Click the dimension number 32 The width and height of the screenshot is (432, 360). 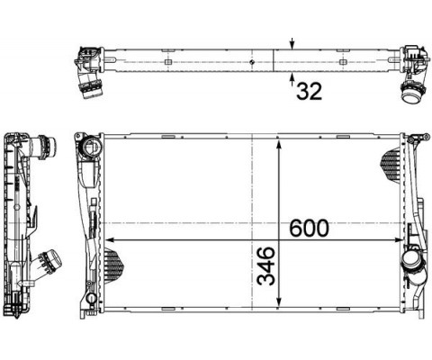point(309,91)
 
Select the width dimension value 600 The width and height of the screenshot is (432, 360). point(309,228)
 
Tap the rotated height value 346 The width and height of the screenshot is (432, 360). point(266,265)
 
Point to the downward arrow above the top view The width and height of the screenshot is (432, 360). point(292,43)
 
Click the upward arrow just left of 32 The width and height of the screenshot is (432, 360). point(292,79)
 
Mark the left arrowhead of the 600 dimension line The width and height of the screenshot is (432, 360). point(109,239)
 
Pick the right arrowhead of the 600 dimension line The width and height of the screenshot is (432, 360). point(399,239)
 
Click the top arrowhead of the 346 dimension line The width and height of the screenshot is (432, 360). point(279,144)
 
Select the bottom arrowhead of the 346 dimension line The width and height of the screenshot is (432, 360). point(279,301)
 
